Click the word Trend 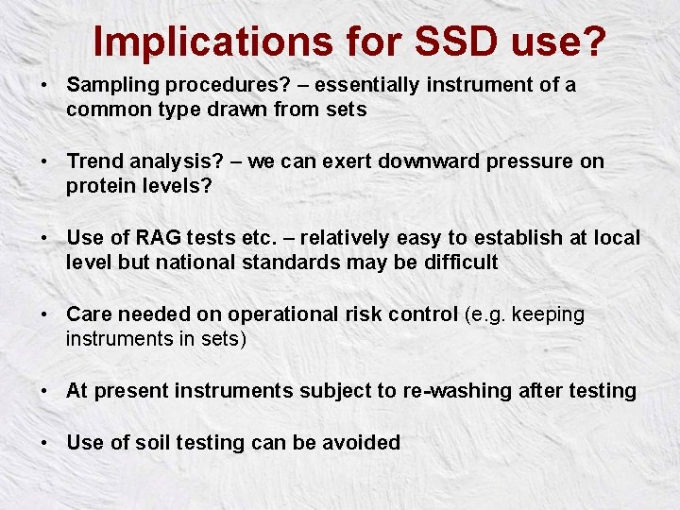pyautogui.click(x=93, y=161)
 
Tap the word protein pyautogui.click(x=98, y=186)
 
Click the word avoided pyautogui.click(x=364, y=442)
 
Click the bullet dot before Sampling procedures pyautogui.click(x=44, y=86)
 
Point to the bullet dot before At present pyautogui.click(x=44, y=391)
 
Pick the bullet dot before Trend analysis pyautogui.click(x=44, y=162)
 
